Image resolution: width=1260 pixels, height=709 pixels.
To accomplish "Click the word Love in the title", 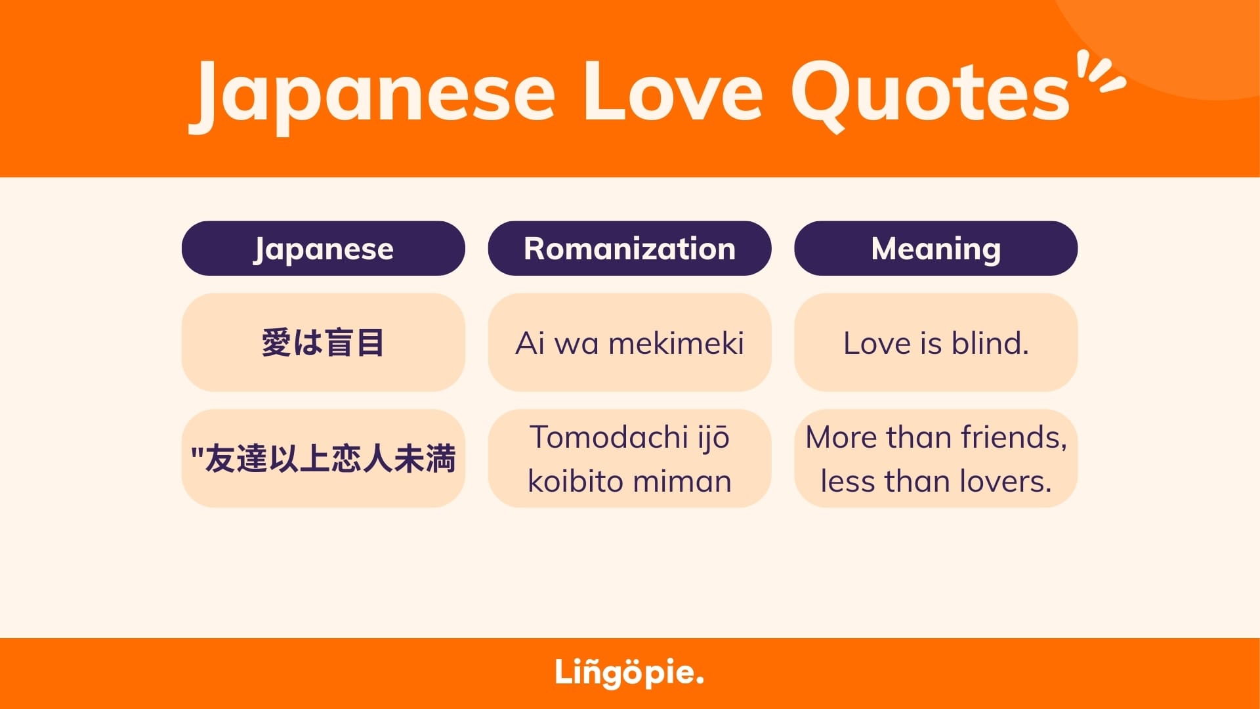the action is click(x=673, y=91).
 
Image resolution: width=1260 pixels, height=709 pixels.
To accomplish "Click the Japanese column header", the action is click(x=324, y=248).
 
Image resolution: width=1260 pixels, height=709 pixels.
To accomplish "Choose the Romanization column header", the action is click(x=629, y=248).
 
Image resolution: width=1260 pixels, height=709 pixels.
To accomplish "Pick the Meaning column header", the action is click(x=936, y=248).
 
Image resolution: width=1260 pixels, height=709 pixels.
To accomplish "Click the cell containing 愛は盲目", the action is click(x=324, y=343).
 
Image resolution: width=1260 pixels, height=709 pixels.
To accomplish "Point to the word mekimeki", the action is click(x=677, y=343).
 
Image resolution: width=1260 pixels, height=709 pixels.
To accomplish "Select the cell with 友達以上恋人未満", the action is click(x=324, y=458).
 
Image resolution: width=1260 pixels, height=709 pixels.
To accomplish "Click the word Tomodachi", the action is click(x=608, y=437).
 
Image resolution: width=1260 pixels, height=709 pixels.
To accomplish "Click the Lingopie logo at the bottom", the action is click(x=629, y=673).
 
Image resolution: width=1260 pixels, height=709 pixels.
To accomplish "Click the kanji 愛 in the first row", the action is click(x=276, y=343).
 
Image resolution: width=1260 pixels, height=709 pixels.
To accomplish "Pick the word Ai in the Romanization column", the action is click(x=530, y=343).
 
